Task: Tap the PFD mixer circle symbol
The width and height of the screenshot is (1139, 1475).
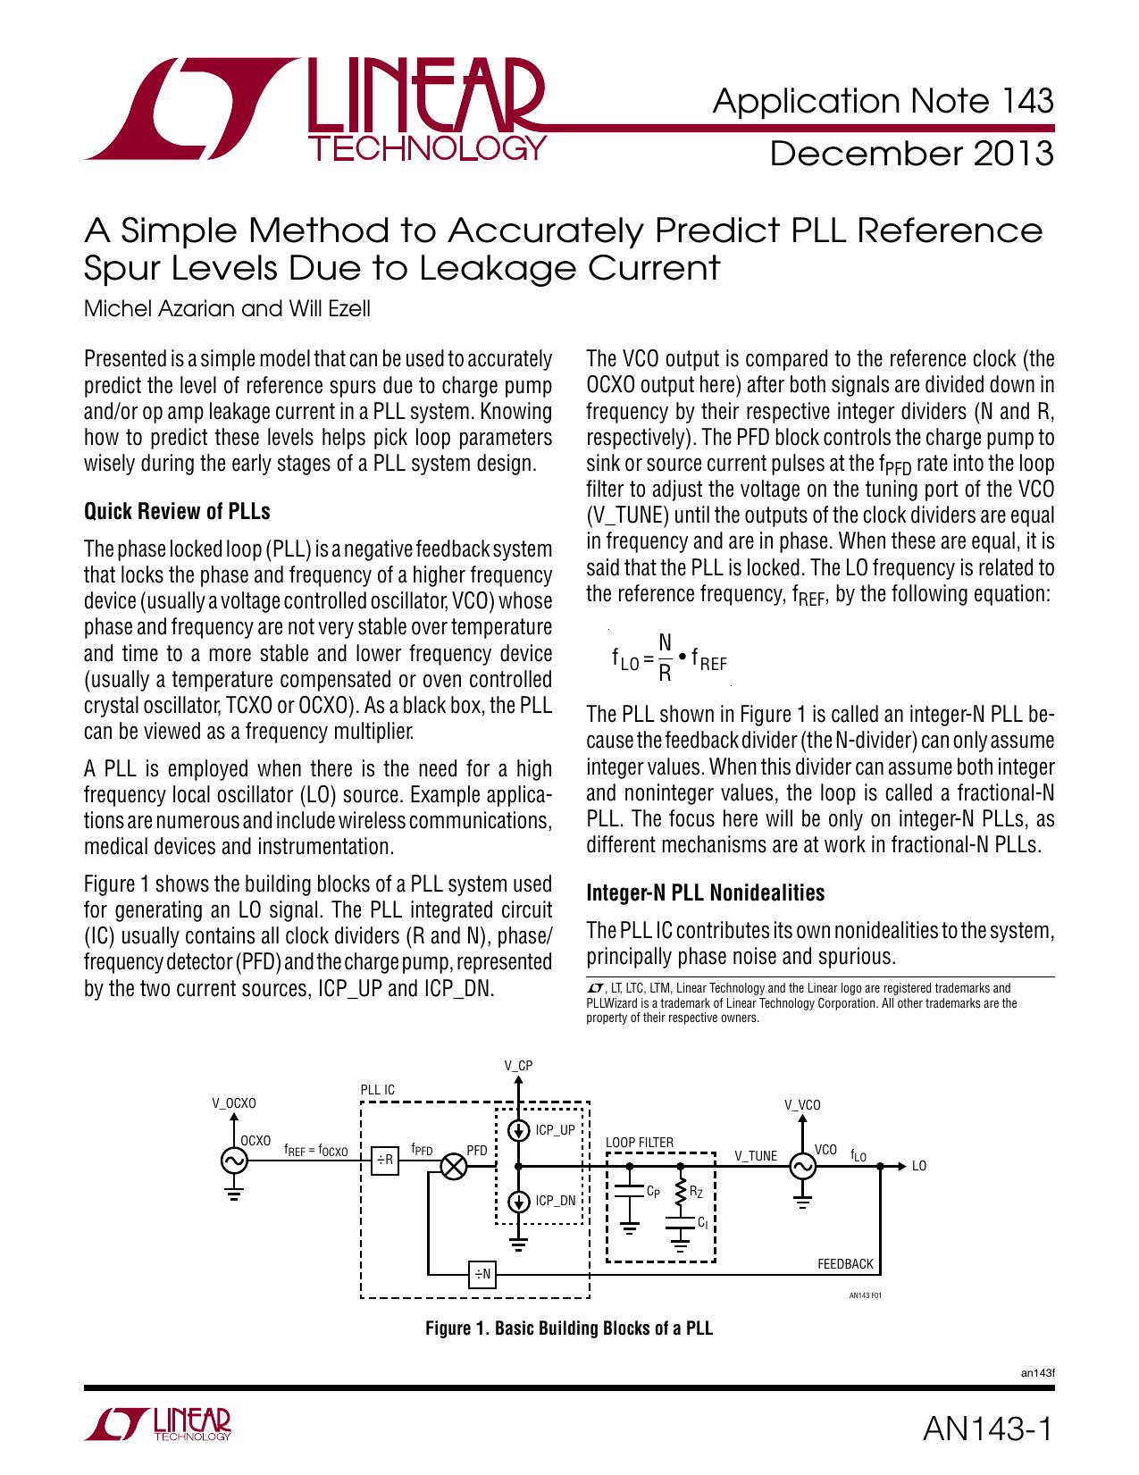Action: (455, 1166)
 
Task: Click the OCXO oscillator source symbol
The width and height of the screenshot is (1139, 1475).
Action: (234, 1161)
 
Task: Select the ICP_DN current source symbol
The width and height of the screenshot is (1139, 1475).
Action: (518, 1202)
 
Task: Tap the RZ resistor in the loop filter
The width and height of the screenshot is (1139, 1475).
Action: (681, 1191)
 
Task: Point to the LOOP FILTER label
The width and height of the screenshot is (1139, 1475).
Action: (640, 1143)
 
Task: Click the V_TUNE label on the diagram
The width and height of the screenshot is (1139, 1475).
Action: (756, 1156)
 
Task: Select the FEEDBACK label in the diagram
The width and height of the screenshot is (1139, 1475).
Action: (845, 1264)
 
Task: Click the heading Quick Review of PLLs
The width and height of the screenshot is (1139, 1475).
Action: (176, 512)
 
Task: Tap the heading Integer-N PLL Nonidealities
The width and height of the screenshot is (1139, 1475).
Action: (705, 893)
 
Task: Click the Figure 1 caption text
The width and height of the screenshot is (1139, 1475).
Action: (569, 1328)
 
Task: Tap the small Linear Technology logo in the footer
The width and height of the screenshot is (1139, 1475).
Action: (158, 1426)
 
